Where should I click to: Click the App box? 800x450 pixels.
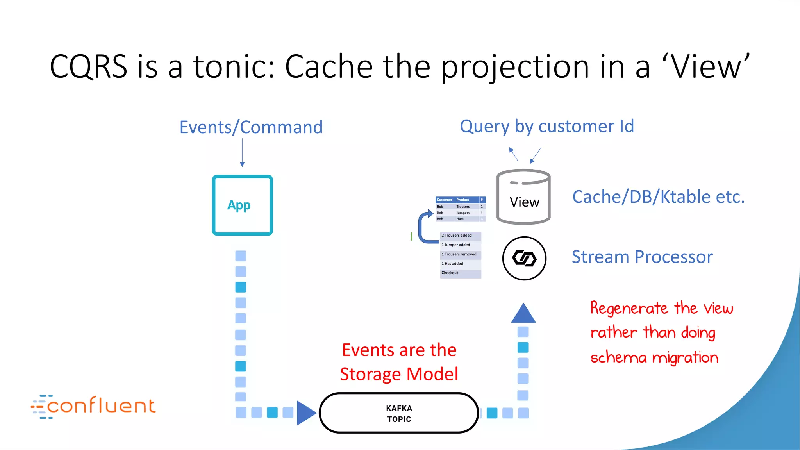coord(242,205)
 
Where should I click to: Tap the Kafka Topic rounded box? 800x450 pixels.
coord(399,413)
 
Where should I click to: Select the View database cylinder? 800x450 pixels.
coord(523,197)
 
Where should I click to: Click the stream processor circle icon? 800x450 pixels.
coord(524,258)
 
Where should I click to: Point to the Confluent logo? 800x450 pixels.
coord(93,406)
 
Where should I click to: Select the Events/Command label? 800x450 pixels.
coord(251,127)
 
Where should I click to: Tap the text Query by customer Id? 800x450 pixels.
coord(546,127)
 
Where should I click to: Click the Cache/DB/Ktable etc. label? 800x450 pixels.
coord(658,197)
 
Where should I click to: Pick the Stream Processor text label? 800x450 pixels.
coord(642,257)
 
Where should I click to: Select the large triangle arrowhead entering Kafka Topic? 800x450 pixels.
coord(306,413)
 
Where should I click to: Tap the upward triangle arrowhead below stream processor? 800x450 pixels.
coord(523,314)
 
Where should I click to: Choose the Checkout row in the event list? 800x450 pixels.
coord(460,273)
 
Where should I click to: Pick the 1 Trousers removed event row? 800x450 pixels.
coord(460,254)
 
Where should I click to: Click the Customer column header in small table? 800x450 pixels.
coord(445,200)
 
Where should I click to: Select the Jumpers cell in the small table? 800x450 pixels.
coord(463,213)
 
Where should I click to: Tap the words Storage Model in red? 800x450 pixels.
coord(399,374)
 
